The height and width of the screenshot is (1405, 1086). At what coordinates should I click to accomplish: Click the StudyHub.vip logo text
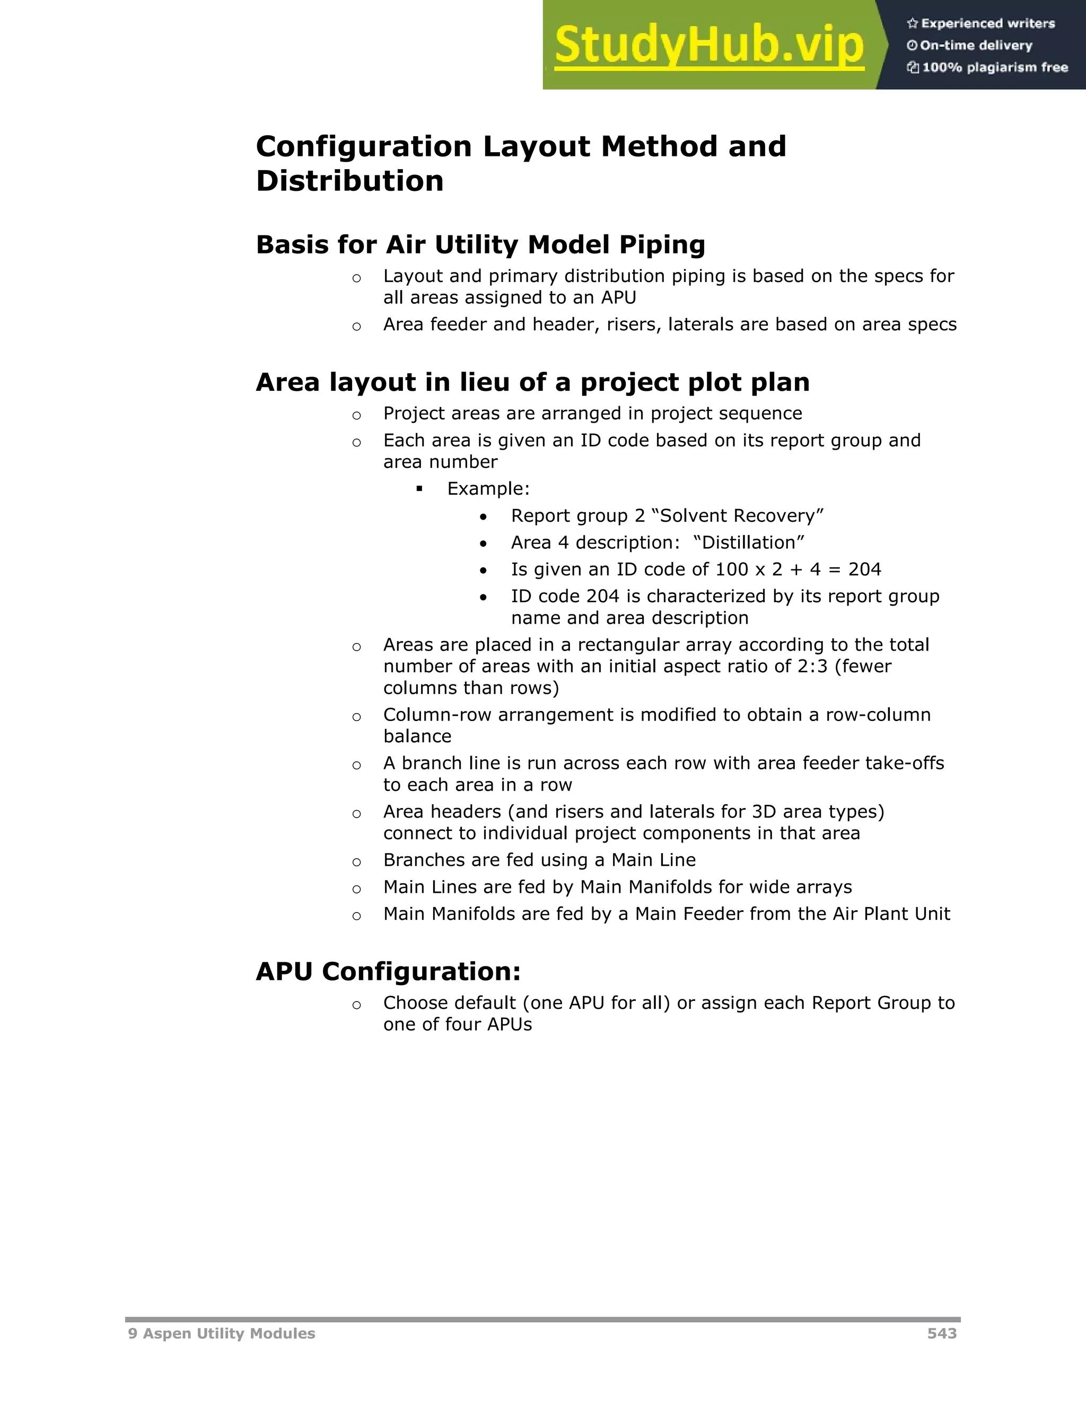[x=708, y=45]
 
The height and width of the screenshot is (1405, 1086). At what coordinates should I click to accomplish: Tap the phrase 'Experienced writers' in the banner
[x=987, y=24]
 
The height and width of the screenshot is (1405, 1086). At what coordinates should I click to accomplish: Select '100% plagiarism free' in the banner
[x=995, y=67]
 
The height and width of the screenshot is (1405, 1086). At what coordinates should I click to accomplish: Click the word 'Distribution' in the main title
[x=350, y=181]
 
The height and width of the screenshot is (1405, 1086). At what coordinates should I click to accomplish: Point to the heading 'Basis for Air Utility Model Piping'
[x=480, y=244]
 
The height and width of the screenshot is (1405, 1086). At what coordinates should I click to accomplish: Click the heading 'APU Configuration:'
[x=388, y=971]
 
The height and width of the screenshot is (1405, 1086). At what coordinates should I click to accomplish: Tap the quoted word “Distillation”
[x=749, y=542]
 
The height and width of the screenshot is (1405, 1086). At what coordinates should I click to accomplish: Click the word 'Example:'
[x=488, y=488]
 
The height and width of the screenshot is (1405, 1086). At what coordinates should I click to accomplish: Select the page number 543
[x=942, y=1333]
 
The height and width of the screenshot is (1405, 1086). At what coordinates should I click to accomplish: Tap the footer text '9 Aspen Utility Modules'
[x=221, y=1333]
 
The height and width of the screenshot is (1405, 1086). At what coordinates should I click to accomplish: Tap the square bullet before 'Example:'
[x=419, y=489]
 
